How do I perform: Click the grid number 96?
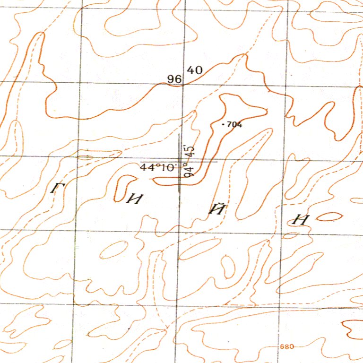click(174, 79)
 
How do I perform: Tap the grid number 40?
click(195, 70)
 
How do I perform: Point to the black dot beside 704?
click(224, 124)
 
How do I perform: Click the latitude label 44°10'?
click(158, 167)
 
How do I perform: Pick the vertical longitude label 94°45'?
click(190, 161)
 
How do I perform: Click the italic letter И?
click(135, 199)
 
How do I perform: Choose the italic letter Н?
click(301, 220)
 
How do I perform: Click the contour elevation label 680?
click(287, 347)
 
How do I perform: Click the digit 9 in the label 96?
click(171, 79)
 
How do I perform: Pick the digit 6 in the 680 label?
click(282, 347)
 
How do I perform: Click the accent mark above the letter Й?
click(218, 202)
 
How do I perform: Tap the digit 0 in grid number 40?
click(199, 70)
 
